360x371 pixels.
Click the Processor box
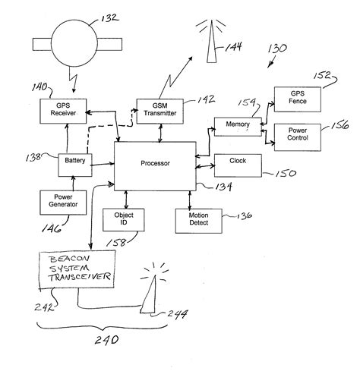[x=154, y=163]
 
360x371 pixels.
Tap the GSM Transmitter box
[x=157, y=112]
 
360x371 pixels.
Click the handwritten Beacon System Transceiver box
[x=74, y=269]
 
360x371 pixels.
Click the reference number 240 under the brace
[x=106, y=340]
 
